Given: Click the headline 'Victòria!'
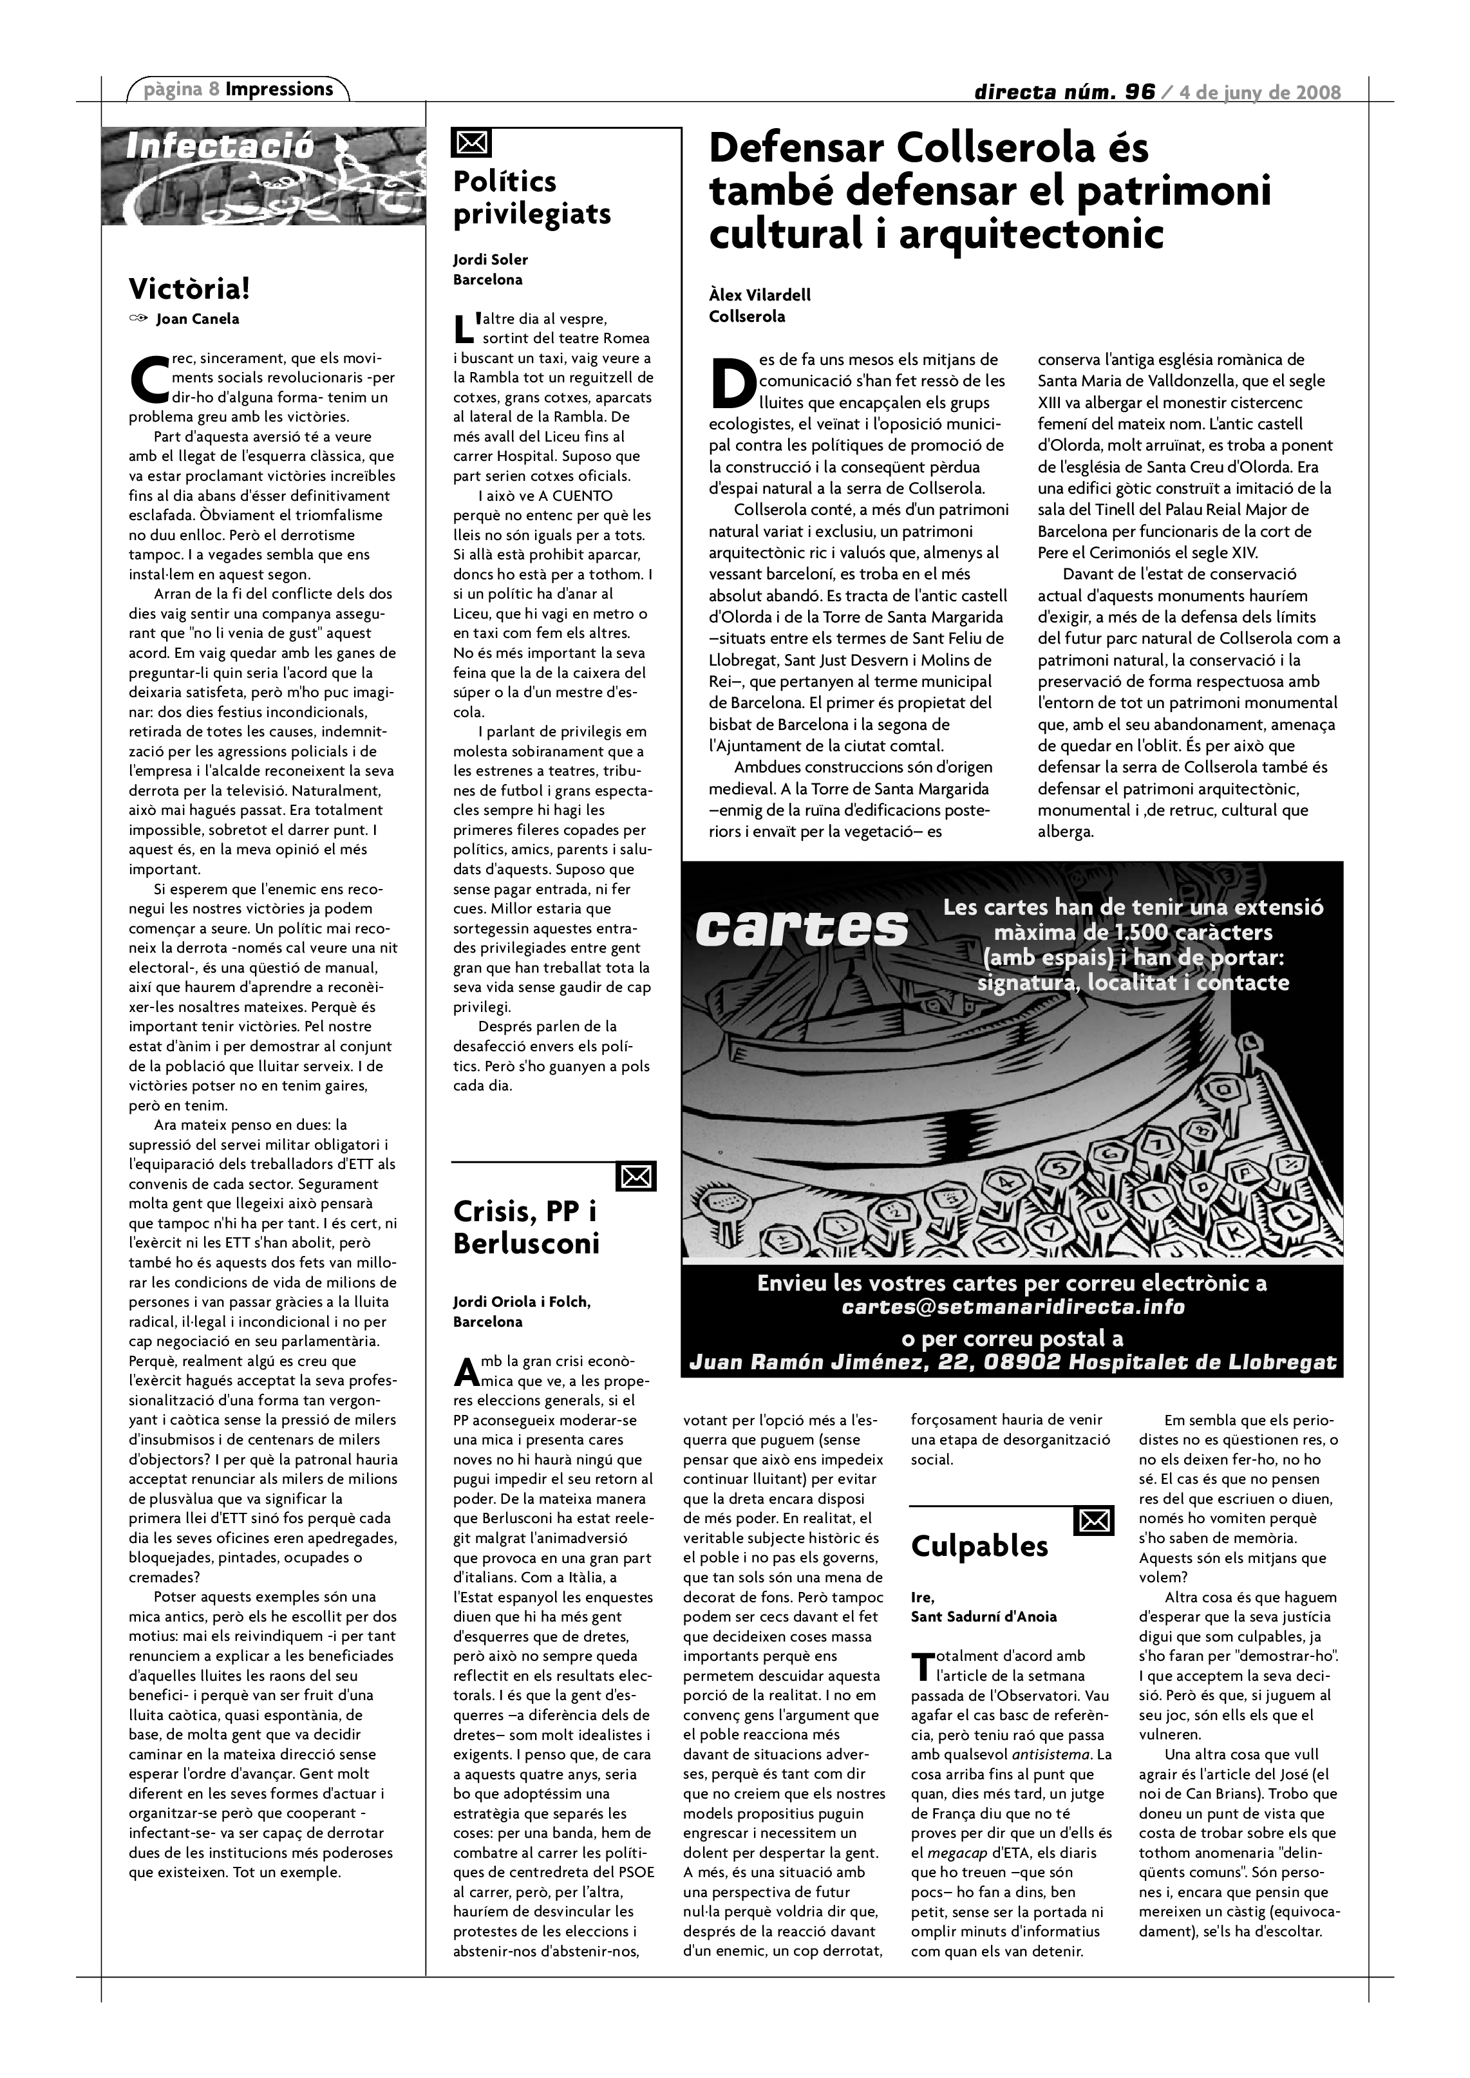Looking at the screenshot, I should (188, 290).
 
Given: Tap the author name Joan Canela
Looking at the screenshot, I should (197, 319).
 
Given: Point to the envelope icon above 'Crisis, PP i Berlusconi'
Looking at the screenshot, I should (636, 1177).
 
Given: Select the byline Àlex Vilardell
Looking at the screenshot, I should (759, 295).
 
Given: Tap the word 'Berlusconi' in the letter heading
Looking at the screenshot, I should (526, 1244).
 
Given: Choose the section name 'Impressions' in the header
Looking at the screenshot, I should (279, 89).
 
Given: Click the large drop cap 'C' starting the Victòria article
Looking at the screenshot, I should (149, 380).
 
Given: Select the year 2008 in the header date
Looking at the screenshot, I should (1318, 92).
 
